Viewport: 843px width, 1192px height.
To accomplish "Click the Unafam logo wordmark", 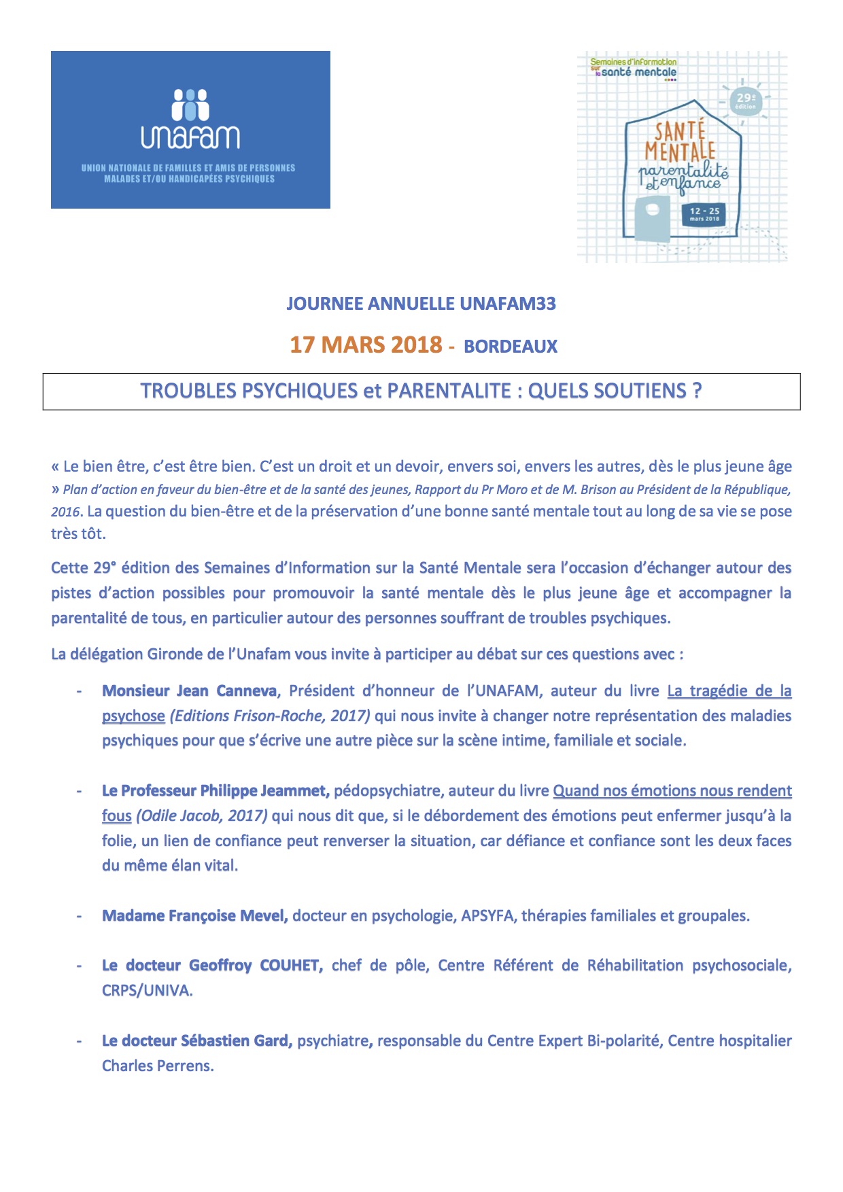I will pyautogui.click(x=190, y=137).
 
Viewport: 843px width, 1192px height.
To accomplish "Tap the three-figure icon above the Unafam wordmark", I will pyautogui.click(x=190, y=105).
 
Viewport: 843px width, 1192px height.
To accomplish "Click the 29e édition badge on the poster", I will pyautogui.click(x=746, y=101).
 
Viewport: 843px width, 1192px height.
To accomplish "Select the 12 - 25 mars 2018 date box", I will pyautogui.click(x=704, y=214).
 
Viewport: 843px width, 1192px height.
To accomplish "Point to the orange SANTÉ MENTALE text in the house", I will pyautogui.click(x=680, y=141).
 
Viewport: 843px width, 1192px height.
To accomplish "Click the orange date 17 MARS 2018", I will pyautogui.click(x=366, y=345).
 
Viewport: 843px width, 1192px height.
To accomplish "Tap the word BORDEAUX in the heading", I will pyautogui.click(x=511, y=347).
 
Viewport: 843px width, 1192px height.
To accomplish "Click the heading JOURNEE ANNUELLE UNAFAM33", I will pyautogui.click(x=421, y=304).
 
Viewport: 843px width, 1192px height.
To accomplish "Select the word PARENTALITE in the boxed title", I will pyautogui.click(x=449, y=391).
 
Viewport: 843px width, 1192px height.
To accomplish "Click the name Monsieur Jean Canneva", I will pyautogui.click(x=190, y=691).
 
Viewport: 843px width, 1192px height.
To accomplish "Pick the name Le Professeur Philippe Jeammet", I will pyautogui.click(x=216, y=791).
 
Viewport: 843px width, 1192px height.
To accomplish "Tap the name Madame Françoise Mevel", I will pyautogui.click(x=195, y=916).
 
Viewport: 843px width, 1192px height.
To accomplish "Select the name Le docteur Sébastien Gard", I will pyautogui.click(x=197, y=1041).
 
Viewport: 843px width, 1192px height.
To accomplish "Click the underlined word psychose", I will pyautogui.click(x=133, y=716).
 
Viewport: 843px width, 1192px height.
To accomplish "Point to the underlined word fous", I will pyautogui.click(x=116, y=816).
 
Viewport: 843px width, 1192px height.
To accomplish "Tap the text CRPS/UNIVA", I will pyautogui.click(x=147, y=991).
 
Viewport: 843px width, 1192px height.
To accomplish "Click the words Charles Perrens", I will pyautogui.click(x=157, y=1066).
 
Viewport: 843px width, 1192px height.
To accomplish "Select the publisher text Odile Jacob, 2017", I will pyautogui.click(x=202, y=816).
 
